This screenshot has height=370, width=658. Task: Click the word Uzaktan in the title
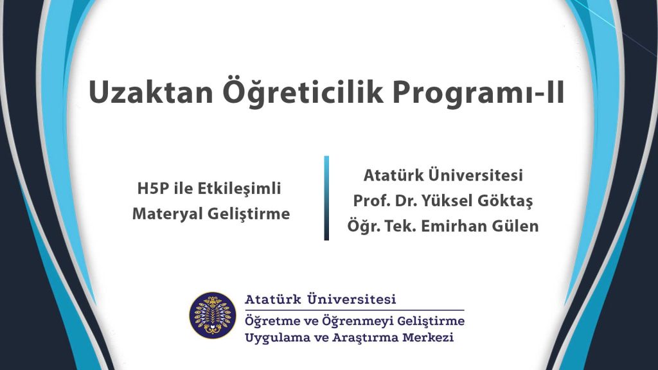pos(151,92)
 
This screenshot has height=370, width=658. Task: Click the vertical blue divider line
pos(326,198)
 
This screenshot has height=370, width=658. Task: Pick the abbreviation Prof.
pos(371,201)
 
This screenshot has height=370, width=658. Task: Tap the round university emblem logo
pos(213,315)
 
